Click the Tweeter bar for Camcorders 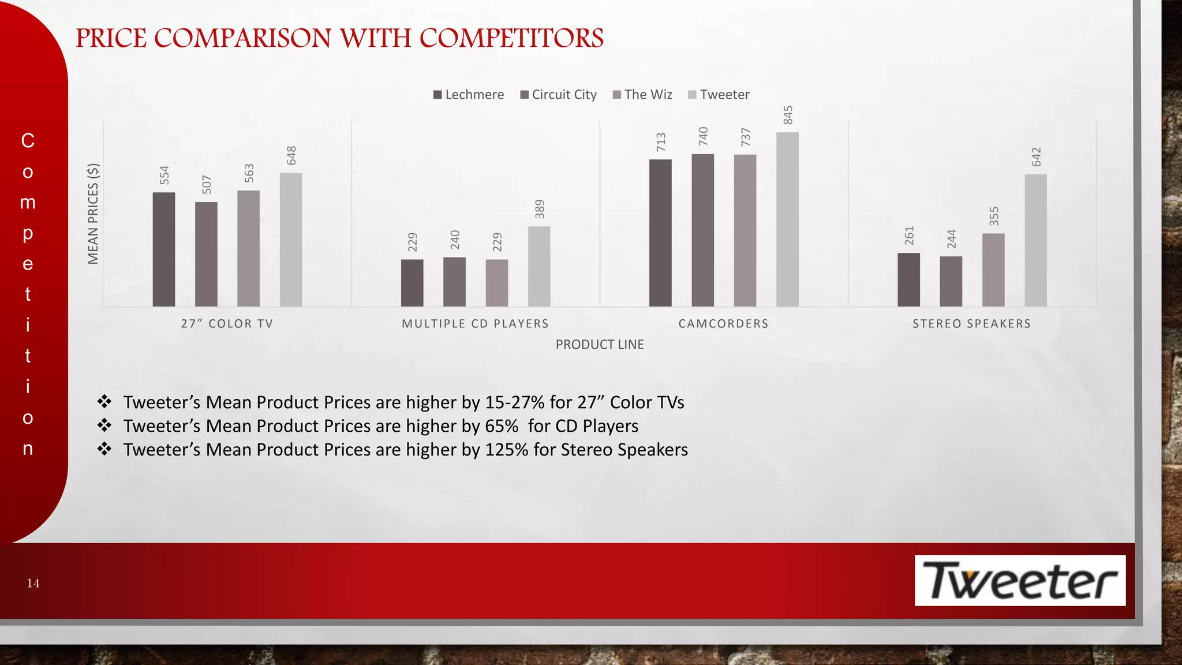pos(787,219)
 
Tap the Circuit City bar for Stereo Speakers pos(951,281)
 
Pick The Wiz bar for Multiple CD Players pos(497,283)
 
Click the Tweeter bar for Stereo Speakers pos(1035,240)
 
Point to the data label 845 pos(788,115)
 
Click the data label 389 pos(540,209)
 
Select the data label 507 pos(207,185)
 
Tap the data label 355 pos(993,216)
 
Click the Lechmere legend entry pos(469,95)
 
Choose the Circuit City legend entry pos(558,95)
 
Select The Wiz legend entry pos(642,95)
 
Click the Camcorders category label pos(723,324)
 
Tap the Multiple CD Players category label pos(475,324)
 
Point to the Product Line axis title pos(600,345)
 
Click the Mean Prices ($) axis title pos(93,214)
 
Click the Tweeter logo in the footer pos(1020,581)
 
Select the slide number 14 pos(33,584)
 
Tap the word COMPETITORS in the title pos(511,39)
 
